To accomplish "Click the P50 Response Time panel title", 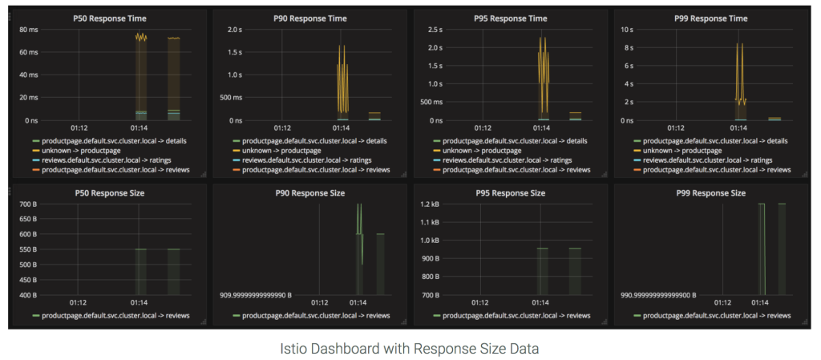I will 107,18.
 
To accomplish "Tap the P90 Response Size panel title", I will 309,193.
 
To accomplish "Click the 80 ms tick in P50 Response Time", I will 28,30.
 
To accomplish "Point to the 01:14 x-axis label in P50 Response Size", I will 139,302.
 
